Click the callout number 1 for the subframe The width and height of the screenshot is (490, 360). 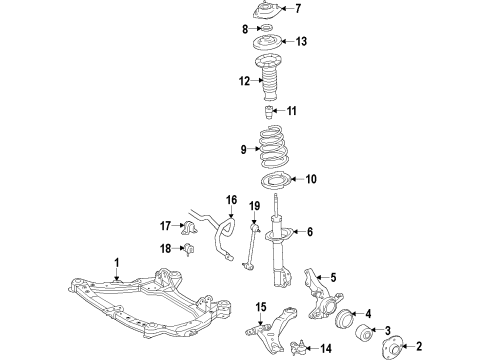[x=116, y=263]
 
